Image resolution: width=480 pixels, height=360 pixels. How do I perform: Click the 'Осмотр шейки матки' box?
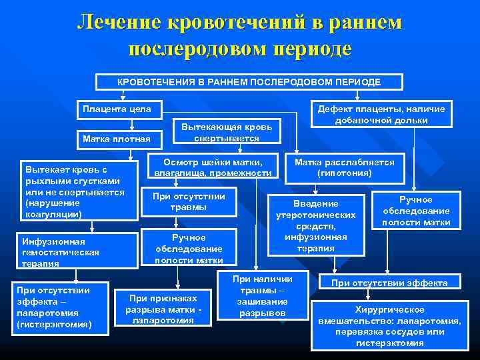(x=213, y=168)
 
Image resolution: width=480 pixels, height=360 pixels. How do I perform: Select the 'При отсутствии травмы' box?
(x=189, y=202)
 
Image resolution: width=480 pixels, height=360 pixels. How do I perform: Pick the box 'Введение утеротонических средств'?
(x=316, y=225)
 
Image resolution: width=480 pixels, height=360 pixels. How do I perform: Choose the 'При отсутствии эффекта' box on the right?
(x=389, y=283)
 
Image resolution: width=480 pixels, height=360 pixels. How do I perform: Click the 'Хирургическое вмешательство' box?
(x=389, y=326)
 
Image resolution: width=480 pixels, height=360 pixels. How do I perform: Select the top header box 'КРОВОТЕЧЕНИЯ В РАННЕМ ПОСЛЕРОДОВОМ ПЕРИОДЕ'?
(x=249, y=81)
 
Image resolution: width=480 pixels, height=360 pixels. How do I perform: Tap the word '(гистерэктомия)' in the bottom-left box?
(x=57, y=325)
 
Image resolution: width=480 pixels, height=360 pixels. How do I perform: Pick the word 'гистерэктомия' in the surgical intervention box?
(x=389, y=343)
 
